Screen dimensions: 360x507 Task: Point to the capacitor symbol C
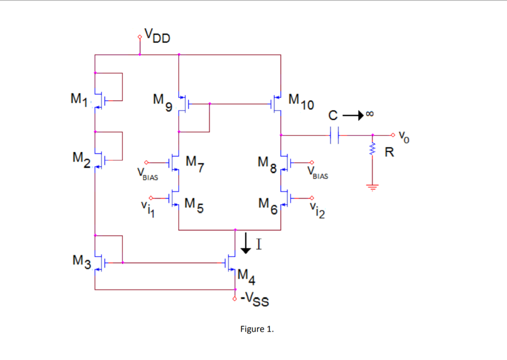point(334,135)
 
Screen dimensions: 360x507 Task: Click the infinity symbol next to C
point(370,114)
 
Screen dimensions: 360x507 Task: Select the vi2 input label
point(317,212)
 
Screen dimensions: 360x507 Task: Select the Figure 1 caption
point(257,329)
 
